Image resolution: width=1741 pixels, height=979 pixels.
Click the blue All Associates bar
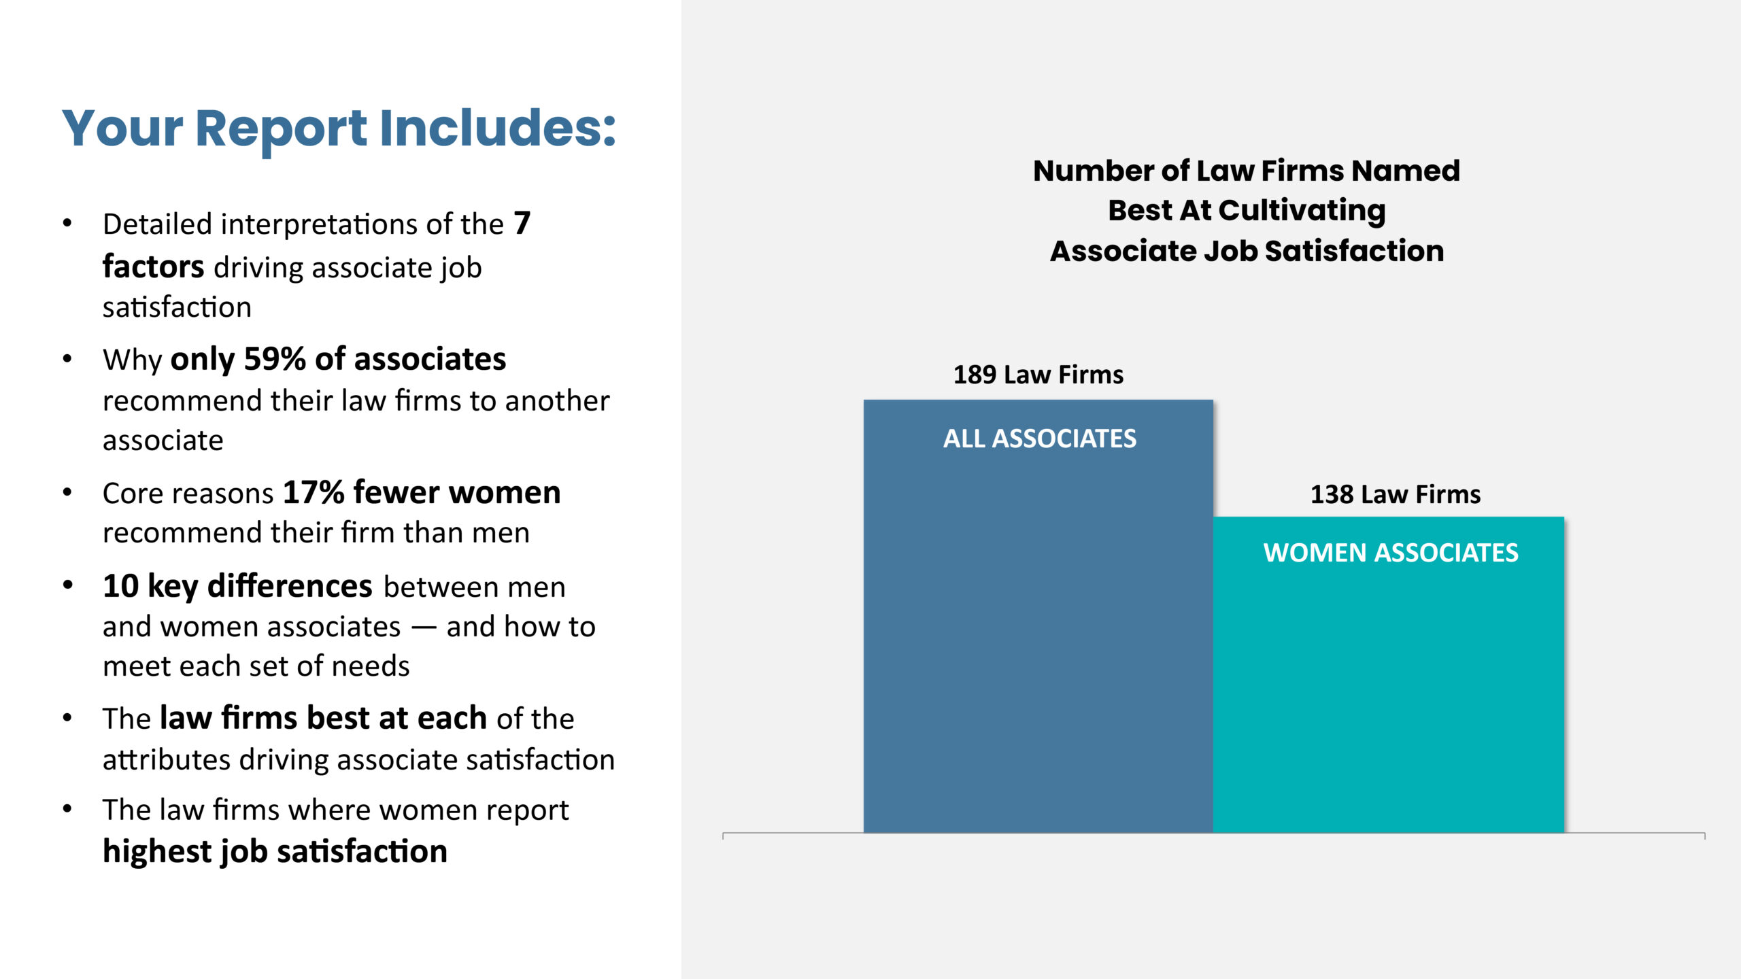1038,616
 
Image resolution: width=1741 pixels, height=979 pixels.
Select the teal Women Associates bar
1389,674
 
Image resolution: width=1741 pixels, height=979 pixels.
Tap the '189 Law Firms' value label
1038,375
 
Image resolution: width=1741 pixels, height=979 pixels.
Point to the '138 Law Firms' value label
1396,494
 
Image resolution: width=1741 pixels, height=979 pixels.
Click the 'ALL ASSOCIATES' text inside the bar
1040,439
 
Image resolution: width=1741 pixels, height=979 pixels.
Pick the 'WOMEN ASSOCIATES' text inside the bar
1391,553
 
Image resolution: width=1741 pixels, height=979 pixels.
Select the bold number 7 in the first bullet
522,223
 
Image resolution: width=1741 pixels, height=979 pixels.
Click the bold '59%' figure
275,358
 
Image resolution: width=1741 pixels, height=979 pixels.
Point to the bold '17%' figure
314,492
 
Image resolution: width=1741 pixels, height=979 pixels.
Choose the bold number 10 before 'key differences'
121,585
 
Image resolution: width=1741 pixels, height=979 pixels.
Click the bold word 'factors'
154,266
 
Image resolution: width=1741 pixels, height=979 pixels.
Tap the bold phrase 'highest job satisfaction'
275,851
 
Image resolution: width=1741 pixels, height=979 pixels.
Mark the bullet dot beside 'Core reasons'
67,492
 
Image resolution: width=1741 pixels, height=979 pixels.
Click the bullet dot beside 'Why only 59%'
67,358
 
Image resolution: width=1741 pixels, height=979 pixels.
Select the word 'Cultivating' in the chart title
1302,211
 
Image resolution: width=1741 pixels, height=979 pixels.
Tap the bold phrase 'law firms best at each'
323,718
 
